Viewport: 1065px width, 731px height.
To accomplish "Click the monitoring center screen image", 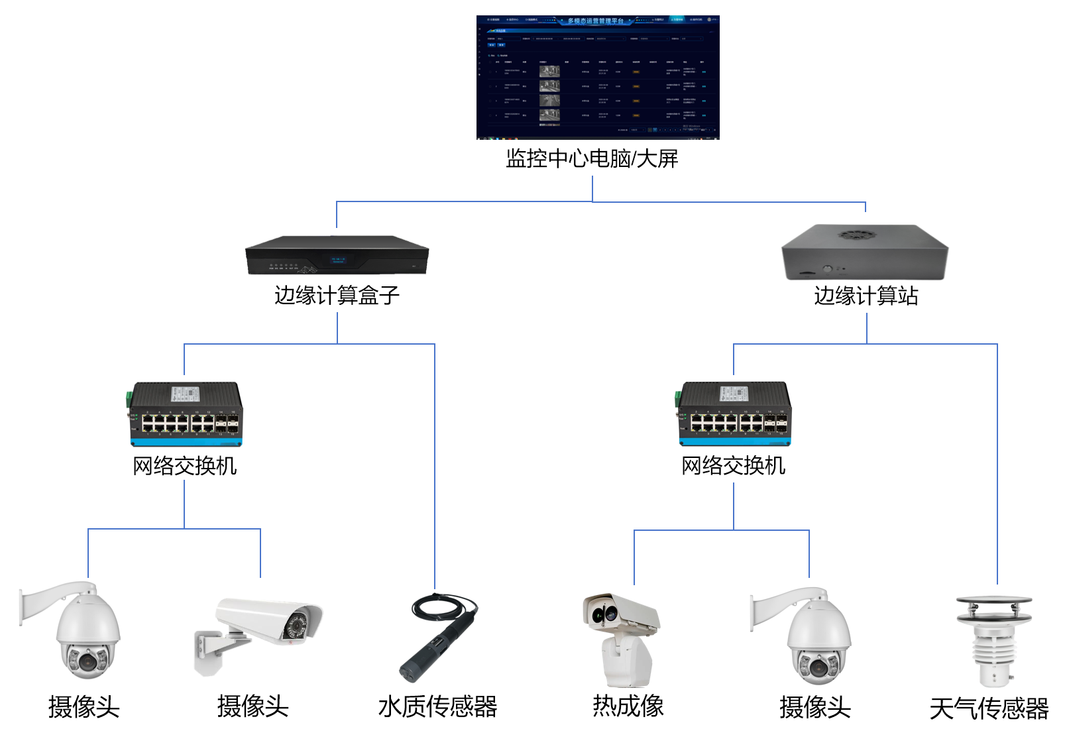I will [597, 78].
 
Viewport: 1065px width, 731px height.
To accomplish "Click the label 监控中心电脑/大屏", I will [592, 158].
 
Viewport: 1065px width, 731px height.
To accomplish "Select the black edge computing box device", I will [337, 256].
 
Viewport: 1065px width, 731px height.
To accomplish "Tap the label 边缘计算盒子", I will [337, 295].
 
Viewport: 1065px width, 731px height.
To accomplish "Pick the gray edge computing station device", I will [865, 254].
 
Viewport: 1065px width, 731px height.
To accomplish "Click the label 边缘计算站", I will [866, 295].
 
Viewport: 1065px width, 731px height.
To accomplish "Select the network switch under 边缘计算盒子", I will [186, 414].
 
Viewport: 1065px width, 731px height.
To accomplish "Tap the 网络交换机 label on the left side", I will [184, 466].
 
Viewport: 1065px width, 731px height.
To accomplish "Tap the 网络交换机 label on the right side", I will [733, 465].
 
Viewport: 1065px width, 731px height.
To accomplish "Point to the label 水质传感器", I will [437, 706].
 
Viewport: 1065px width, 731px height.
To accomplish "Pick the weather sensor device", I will [993, 640].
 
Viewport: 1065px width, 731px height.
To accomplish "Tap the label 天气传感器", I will [989, 708].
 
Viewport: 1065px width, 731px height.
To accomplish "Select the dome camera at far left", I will [83, 633].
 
